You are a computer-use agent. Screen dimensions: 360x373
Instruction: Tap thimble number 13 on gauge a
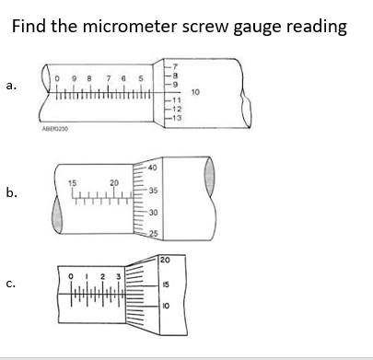[173, 119]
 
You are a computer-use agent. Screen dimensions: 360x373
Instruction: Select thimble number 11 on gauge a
[173, 99]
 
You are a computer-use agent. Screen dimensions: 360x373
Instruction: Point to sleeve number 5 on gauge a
[141, 78]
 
